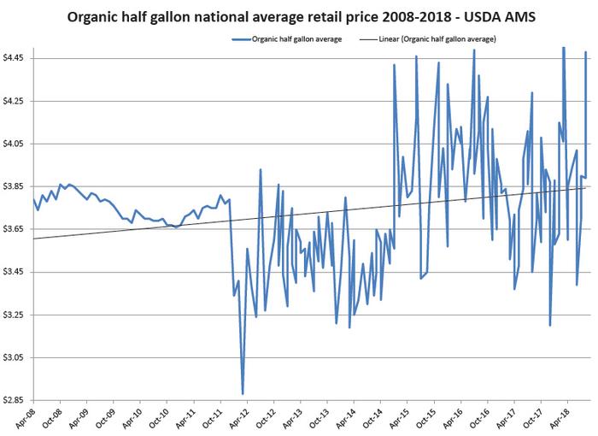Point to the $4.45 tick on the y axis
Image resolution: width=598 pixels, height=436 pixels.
[16, 58]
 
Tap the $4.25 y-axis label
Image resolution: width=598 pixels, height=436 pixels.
[16, 101]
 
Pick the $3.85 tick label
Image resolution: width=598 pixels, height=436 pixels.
[16, 186]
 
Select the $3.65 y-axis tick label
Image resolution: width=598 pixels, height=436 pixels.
[16, 229]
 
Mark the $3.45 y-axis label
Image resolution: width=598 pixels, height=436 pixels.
[16, 272]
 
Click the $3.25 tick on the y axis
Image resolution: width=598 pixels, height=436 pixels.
[16, 315]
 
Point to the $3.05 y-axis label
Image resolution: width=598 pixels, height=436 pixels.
[16, 357]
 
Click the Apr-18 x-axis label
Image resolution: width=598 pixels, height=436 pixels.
[564, 417]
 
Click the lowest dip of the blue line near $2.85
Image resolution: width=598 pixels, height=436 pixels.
[243, 393]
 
